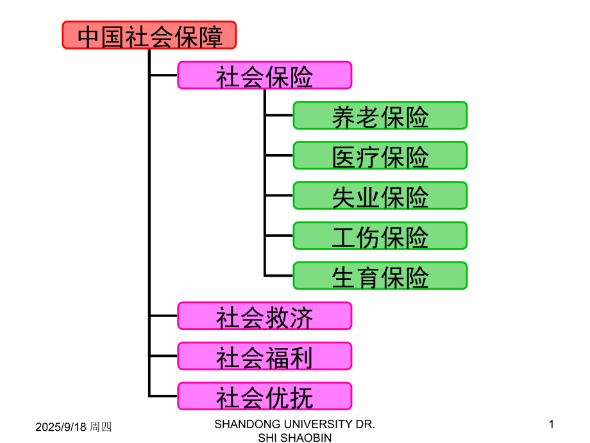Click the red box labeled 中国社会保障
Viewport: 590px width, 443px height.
tap(149, 35)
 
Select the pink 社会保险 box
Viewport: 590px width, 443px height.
tap(264, 76)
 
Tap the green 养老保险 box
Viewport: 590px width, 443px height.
tap(380, 116)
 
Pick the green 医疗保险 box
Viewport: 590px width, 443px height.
tap(380, 156)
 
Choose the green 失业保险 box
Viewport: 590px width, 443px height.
tap(380, 196)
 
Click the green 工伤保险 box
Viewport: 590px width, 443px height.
tap(380, 236)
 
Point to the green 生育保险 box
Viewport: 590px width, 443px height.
tap(380, 276)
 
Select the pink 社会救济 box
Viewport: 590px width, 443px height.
tap(264, 316)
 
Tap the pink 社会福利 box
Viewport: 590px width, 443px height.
tap(264, 356)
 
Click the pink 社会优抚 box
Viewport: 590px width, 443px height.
tap(264, 396)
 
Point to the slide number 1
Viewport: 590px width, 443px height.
tap(551, 424)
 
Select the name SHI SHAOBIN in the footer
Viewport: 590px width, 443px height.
tap(294, 437)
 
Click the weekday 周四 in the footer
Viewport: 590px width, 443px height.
tap(101, 426)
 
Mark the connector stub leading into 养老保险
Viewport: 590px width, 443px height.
tap(279, 116)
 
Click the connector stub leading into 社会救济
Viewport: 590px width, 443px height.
tap(164, 316)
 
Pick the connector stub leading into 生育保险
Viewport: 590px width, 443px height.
tap(279, 276)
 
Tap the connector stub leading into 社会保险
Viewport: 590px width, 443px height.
tap(164, 76)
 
